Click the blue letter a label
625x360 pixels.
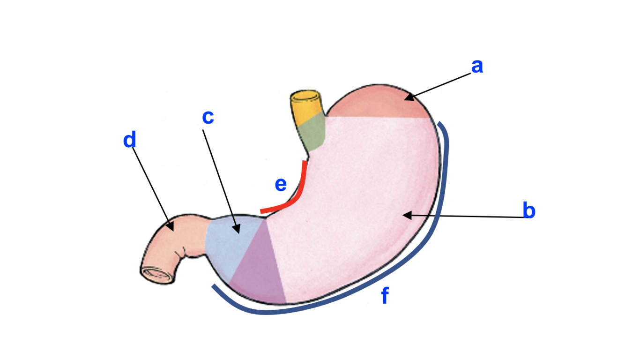(x=477, y=66)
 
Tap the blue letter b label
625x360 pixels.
(x=529, y=211)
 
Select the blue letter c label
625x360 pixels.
(x=208, y=117)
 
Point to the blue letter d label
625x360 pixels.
(x=129, y=140)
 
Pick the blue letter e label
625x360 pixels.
(x=281, y=185)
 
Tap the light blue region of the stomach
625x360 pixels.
(x=225, y=244)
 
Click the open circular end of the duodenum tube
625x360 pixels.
(x=157, y=274)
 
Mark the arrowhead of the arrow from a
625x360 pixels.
(x=407, y=98)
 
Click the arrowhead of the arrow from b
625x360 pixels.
(x=405, y=215)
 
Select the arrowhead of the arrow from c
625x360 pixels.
(x=238, y=232)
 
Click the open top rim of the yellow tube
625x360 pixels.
(x=306, y=96)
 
